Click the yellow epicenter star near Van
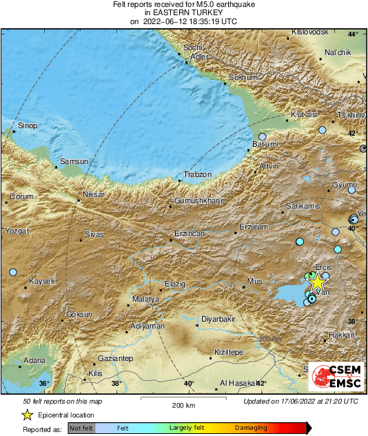coord(316,282)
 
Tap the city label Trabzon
coord(196,174)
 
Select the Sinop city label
coord(28,125)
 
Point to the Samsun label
coord(74,161)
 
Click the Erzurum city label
coord(252,227)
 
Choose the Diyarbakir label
coord(218,319)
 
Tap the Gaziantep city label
coord(115,359)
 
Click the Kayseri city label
coord(43,281)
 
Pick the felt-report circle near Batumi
coord(263,137)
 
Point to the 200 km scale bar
coord(183,398)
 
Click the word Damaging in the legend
coord(251,428)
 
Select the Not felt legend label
coord(81,428)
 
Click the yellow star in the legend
coord(27,415)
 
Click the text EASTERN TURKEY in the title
coord(183,12)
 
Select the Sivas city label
coord(94,234)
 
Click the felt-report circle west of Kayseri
coord(12,273)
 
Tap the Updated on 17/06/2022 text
coord(300,401)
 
